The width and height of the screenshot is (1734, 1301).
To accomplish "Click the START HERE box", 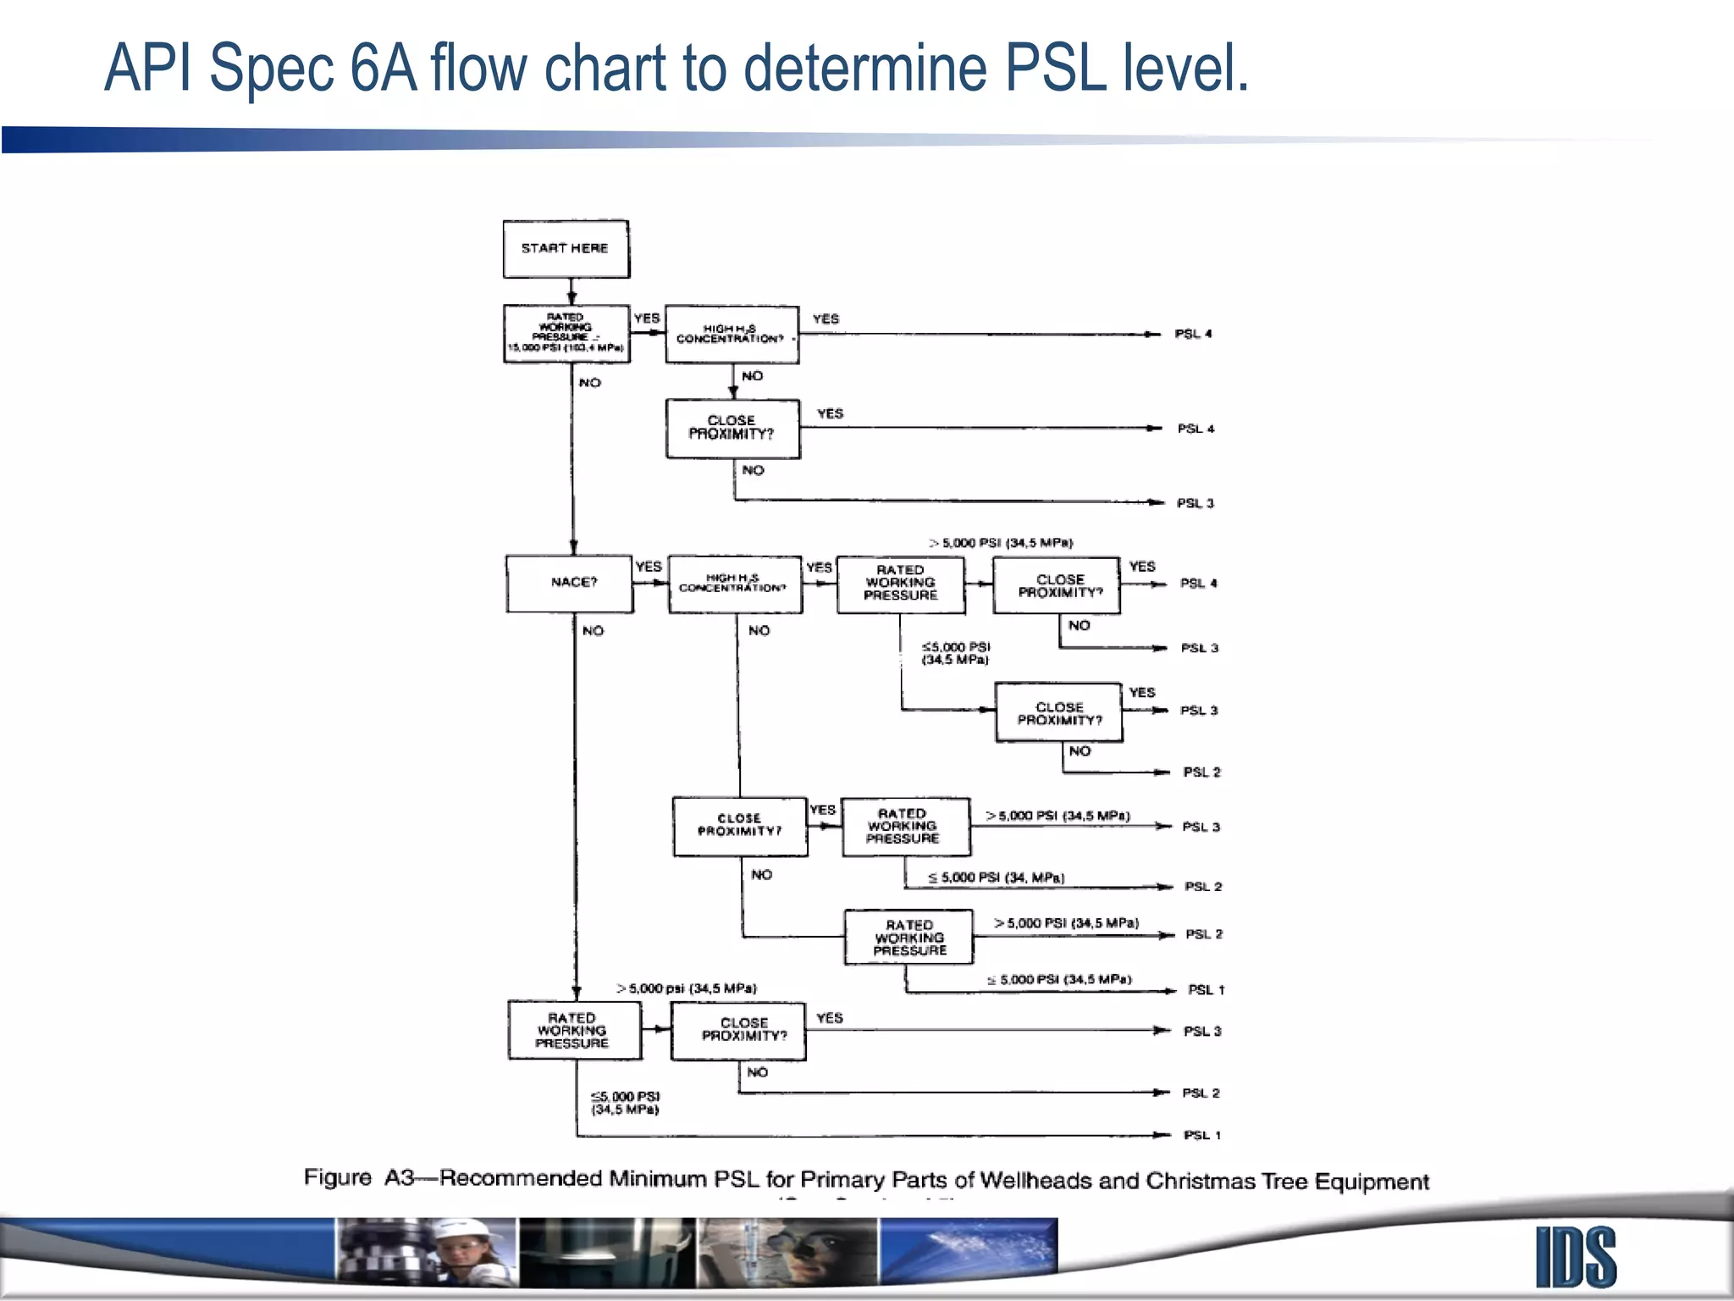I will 566,249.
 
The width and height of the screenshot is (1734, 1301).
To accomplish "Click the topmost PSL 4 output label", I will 1193,334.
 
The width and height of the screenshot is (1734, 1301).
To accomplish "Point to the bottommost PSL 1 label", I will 1202,1135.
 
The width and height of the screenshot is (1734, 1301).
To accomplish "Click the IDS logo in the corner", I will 1576,1257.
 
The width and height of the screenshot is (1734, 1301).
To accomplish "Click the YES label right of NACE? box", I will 649,566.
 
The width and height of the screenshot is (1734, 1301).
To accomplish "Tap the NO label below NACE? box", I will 593,630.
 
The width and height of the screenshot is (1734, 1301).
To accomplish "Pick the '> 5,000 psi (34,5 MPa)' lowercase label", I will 687,988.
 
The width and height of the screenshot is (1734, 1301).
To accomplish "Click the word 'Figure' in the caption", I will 338,1177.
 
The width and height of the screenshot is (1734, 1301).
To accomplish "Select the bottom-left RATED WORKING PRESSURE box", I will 574,1030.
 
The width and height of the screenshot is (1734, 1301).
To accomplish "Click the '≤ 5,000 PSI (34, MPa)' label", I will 996,877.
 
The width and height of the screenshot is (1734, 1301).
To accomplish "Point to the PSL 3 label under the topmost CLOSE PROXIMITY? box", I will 1195,503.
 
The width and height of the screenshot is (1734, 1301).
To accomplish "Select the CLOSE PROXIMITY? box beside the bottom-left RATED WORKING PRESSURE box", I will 738,1031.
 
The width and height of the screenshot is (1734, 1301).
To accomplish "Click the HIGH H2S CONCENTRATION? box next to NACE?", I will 735,584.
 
